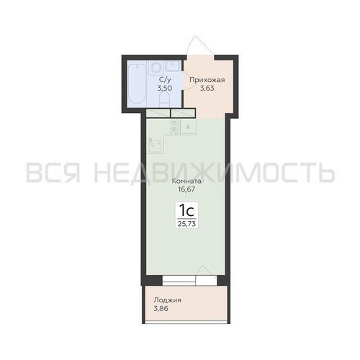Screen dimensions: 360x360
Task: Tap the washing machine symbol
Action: pyautogui.click(x=156, y=68)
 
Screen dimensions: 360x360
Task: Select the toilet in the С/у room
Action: pyautogui.click(x=164, y=100)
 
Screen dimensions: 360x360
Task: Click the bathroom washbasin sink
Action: pyautogui.click(x=173, y=66)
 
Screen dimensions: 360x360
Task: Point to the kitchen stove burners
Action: pyautogui.click(x=175, y=126)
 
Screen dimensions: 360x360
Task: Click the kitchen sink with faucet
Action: pyautogui.click(x=155, y=145)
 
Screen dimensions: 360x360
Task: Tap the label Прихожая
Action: pyautogui.click(x=207, y=80)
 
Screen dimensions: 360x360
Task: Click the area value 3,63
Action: pyautogui.click(x=207, y=89)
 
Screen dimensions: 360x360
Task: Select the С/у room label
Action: pyautogui.click(x=165, y=80)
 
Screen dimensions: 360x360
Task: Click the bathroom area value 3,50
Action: pyautogui.click(x=165, y=88)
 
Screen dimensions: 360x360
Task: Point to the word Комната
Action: pyautogui.click(x=186, y=181)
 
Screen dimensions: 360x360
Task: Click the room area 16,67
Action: pyautogui.click(x=186, y=189)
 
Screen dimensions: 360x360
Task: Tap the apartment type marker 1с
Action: pyautogui.click(x=186, y=210)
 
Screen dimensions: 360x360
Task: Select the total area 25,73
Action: pyautogui.click(x=186, y=224)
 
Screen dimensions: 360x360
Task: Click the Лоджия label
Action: pyautogui.click(x=167, y=300)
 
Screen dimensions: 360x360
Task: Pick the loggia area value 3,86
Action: pyautogui.click(x=161, y=309)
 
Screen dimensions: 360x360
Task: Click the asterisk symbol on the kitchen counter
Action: pyautogui.click(x=188, y=127)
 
